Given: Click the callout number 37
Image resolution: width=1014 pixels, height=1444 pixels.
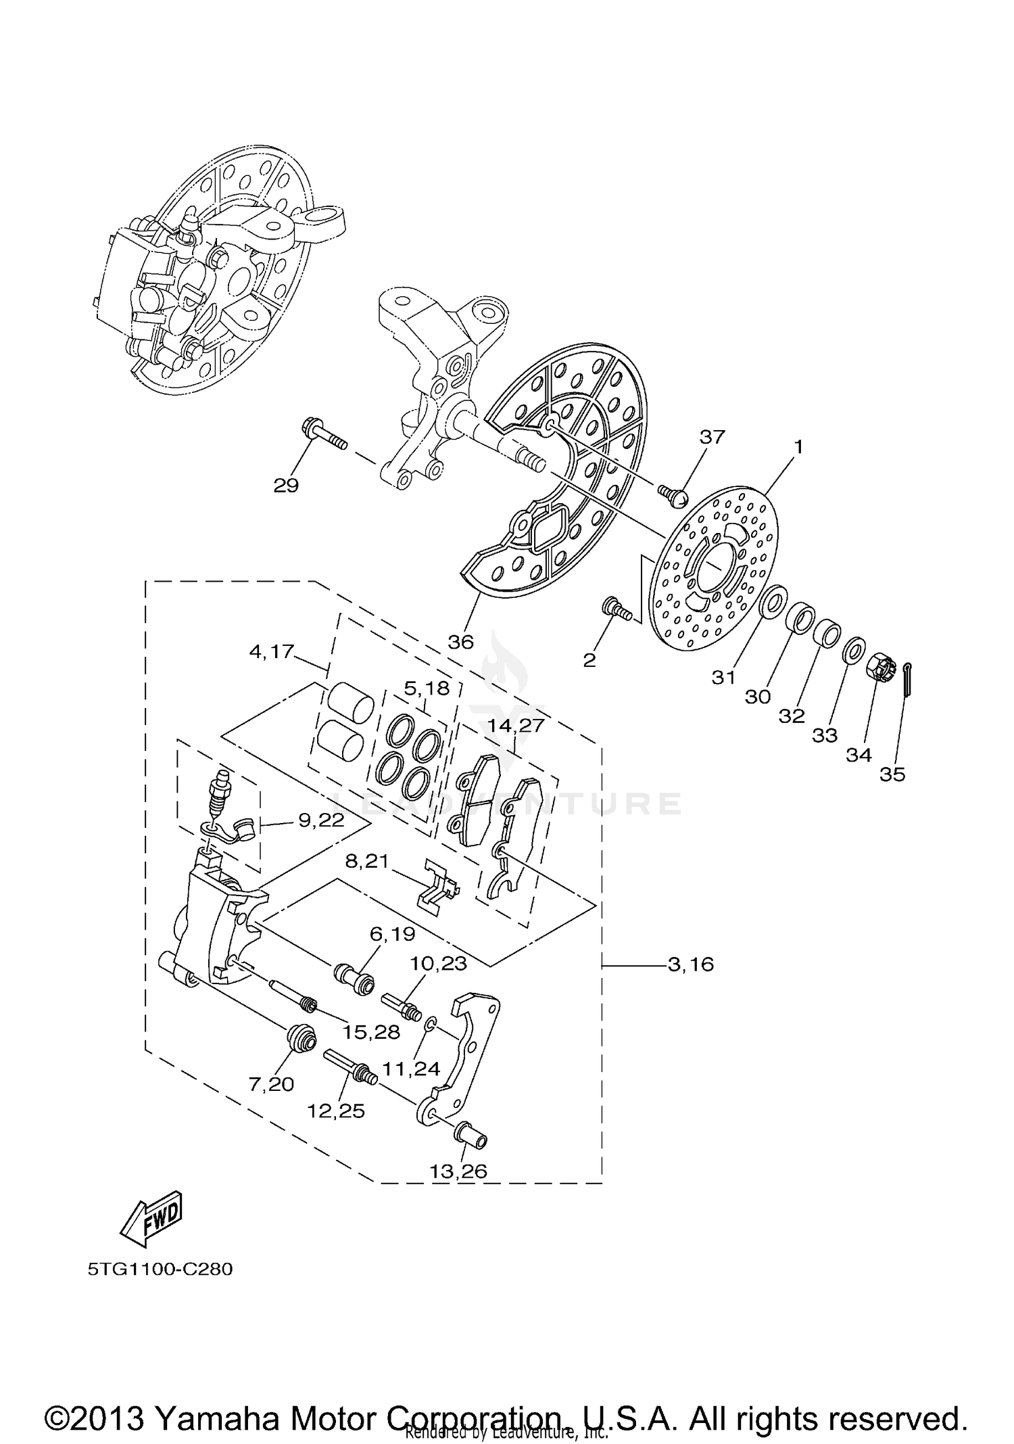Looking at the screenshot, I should point(712,437).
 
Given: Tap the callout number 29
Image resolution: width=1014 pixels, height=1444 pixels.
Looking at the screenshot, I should point(286,486).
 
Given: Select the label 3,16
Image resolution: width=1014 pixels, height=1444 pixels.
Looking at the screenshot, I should point(690,964).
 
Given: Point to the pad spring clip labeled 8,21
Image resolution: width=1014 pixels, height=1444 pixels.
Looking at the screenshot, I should point(438,887).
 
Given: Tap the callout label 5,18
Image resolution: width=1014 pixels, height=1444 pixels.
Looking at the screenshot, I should point(427,689).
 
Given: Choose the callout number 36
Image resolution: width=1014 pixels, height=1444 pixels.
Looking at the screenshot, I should point(460,641).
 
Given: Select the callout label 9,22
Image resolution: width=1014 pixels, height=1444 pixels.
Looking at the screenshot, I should point(321,820).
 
